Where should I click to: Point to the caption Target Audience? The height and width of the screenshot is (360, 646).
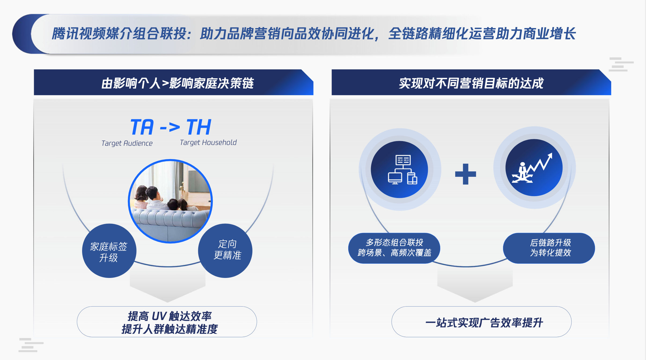pos(127,144)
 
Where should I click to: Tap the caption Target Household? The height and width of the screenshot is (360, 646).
pos(208,142)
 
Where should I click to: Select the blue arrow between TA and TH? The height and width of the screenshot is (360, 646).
pos(170,127)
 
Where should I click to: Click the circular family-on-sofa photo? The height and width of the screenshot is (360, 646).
pos(170,201)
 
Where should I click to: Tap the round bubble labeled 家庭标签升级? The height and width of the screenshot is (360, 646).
pos(109,251)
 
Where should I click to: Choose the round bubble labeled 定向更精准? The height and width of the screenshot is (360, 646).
pos(225,251)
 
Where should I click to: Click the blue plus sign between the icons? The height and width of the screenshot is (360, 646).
pos(465,174)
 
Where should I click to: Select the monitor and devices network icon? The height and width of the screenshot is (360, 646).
pos(402,170)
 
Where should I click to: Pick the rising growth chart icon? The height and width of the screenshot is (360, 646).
pos(532,168)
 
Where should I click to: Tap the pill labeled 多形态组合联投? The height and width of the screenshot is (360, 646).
pos(394,248)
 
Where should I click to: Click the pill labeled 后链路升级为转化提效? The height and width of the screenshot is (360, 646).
pos(549,248)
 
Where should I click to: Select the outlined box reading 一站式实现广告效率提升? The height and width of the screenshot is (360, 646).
pos(482,322)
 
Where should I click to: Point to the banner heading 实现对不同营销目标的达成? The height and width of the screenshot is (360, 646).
pos(471,83)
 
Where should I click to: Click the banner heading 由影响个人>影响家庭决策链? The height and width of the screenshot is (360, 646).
pos(177,83)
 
